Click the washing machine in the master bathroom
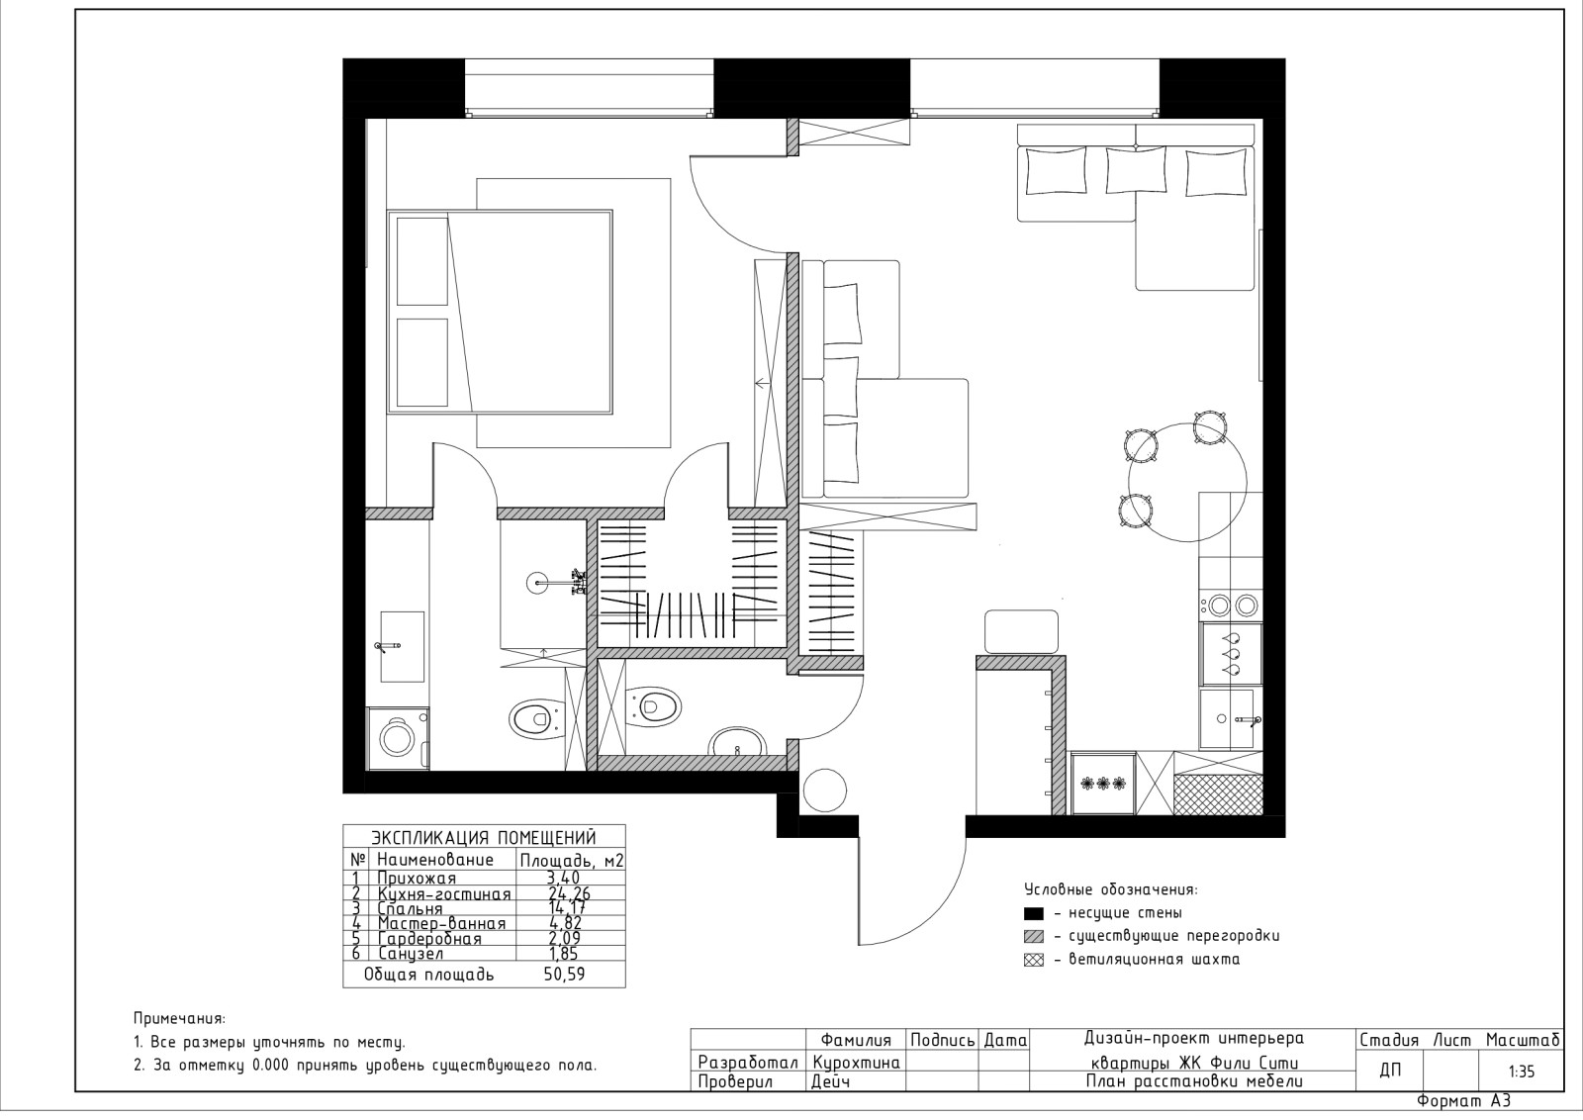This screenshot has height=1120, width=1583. point(398,738)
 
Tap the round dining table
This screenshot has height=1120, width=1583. point(1186,482)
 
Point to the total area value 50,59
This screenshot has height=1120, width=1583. point(562,975)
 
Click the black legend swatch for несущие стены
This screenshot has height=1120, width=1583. point(1035,913)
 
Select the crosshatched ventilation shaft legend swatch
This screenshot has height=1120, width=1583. point(1035,959)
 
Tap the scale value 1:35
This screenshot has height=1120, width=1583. point(1523,1070)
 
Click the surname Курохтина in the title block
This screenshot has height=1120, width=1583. point(856,1062)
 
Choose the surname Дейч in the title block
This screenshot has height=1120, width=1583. point(833,1081)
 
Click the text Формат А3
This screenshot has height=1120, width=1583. point(1464,1100)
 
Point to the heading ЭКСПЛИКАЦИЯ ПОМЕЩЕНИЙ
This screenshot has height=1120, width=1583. point(484,836)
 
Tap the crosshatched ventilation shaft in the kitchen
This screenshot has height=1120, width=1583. point(1218,793)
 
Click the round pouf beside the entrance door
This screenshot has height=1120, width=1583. point(824,791)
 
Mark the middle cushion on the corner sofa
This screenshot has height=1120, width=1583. point(1135,169)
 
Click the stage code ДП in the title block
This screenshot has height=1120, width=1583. point(1390,1070)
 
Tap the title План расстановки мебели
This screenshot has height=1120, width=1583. point(1193,1081)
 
